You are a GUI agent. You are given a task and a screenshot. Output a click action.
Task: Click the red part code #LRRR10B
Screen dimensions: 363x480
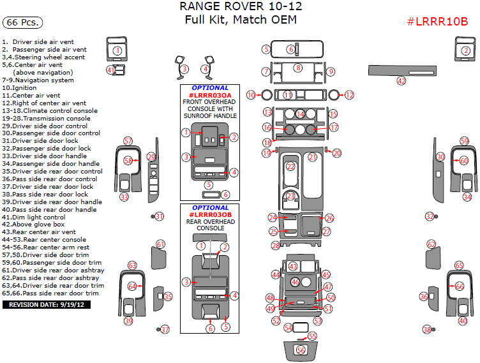(437, 22)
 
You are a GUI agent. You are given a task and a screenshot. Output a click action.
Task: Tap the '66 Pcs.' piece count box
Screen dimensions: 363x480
(22, 23)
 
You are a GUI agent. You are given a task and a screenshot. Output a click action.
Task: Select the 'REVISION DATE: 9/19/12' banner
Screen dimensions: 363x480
(46, 305)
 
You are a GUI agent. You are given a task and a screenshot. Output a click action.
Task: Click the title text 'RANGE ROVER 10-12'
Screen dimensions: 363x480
(241, 7)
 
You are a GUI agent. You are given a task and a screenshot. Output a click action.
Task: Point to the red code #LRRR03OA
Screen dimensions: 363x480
(209, 95)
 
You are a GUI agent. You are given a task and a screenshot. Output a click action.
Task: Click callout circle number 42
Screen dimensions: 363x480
(401, 81)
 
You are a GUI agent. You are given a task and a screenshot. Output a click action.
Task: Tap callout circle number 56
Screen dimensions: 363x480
(301, 350)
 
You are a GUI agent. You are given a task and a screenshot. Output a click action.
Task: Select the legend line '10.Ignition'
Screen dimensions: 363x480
(20, 88)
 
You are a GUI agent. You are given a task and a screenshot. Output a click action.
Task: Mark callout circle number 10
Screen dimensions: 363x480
(251, 95)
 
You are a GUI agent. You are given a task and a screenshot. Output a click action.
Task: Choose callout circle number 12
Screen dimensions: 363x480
(349, 95)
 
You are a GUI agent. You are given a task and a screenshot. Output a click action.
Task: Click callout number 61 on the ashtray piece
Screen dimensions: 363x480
(160, 244)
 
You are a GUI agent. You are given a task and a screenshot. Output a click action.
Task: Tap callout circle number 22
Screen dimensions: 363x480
(291, 167)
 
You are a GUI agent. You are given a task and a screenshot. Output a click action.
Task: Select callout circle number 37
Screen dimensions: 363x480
(165, 330)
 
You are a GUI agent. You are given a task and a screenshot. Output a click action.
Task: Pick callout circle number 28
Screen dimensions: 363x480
(275, 246)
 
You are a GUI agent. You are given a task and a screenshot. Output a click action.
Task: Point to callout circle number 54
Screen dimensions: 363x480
(289, 327)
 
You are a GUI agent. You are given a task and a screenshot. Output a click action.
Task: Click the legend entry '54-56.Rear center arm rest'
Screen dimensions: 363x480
(46, 248)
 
